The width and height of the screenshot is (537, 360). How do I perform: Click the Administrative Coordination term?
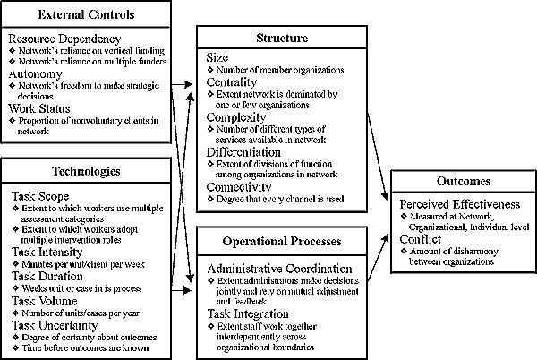[280, 269]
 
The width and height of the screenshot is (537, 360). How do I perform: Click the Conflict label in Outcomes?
[420, 239]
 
